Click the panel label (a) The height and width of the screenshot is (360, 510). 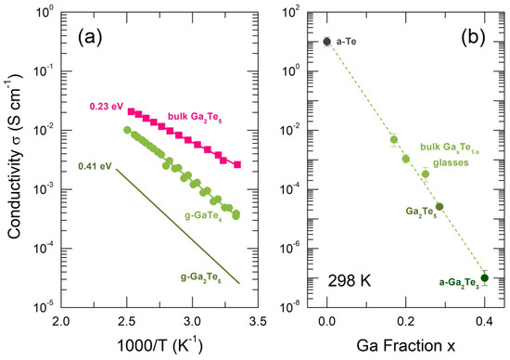click(90, 37)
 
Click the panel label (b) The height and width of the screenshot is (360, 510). click(473, 37)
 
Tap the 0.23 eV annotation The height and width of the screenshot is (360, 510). click(106, 107)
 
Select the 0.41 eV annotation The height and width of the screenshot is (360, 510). click(95, 166)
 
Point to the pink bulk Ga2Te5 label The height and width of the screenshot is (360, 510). click(195, 117)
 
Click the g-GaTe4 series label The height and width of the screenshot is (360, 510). click(203, 216)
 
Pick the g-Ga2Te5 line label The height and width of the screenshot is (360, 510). click(201, 277)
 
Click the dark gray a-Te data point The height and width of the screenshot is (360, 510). click(327, 42)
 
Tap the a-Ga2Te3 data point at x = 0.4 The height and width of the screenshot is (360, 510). click(485, 278)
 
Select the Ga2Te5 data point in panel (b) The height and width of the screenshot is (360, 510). click(440, 207)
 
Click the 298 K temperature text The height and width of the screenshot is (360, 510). click(350, 280)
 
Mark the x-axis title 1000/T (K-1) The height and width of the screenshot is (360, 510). click(159, 345)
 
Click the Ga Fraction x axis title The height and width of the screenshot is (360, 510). click(405, 346)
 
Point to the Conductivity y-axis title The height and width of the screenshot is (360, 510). click(14, 157)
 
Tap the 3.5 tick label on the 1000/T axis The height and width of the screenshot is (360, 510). click(259, 322)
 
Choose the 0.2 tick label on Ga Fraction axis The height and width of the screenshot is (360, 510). click(405, 322)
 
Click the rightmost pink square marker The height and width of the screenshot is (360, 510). click(237, 165)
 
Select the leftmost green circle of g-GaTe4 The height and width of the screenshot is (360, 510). click(127, 130)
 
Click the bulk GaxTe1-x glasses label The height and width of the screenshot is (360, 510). click(450, 155)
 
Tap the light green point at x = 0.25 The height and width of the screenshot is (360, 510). click(426, 174)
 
